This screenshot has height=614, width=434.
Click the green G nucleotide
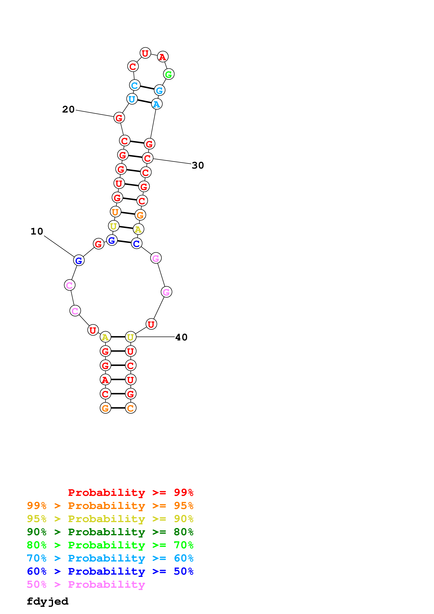tap(168, 74)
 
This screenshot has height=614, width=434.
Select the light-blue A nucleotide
tap(157, 104)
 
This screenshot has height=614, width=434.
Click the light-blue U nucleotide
tap(132, 99)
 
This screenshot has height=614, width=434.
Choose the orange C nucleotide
tap(130, 408)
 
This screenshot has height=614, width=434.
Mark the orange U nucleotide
tap(115, 212)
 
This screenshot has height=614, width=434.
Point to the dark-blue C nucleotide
tap(136, 243)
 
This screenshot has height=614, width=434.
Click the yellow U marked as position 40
tap(130, 337)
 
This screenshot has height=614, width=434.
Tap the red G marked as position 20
tap(119, 118)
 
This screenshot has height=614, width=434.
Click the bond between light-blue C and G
tap(147, 88)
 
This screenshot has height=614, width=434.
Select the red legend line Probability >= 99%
tap(130, 492)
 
